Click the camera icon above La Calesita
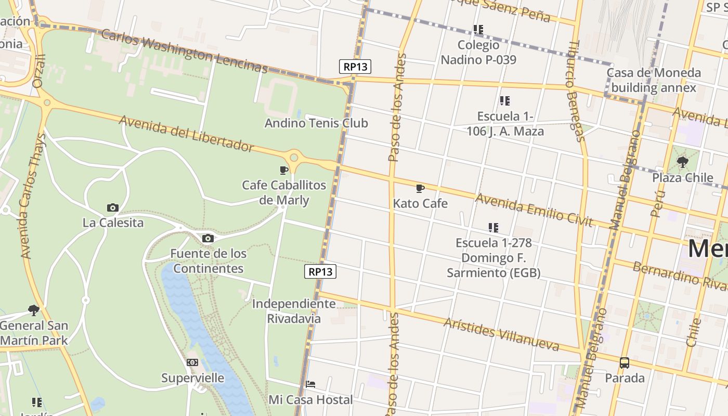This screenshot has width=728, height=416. coord(112,208)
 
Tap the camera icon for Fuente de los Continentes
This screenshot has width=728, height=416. coord(208,239)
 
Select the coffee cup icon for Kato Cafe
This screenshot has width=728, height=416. coord(420,188)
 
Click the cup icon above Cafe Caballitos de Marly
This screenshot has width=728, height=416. coord(284,170)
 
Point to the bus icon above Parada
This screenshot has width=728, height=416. coord(625,363)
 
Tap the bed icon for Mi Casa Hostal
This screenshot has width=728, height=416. coord(310,384)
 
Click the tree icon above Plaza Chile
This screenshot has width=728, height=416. coord(683,162)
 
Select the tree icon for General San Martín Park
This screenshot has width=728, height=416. coord(34,310)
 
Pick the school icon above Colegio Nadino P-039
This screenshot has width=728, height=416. coord(478,30)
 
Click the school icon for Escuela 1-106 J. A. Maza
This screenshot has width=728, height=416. coord(505,101)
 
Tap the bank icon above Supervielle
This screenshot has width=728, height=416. coord(192,362)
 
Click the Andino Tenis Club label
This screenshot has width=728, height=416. coord(316,123)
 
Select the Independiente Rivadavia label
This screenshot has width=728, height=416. coord(294,311)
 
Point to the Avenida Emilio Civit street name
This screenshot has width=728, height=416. coord(534,210)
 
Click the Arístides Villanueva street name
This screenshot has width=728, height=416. coord(501,334)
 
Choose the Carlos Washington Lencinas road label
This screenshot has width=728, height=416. coord(184,51)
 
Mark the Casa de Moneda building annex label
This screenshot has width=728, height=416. coord(654,80)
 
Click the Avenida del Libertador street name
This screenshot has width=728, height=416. coord(187,134)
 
